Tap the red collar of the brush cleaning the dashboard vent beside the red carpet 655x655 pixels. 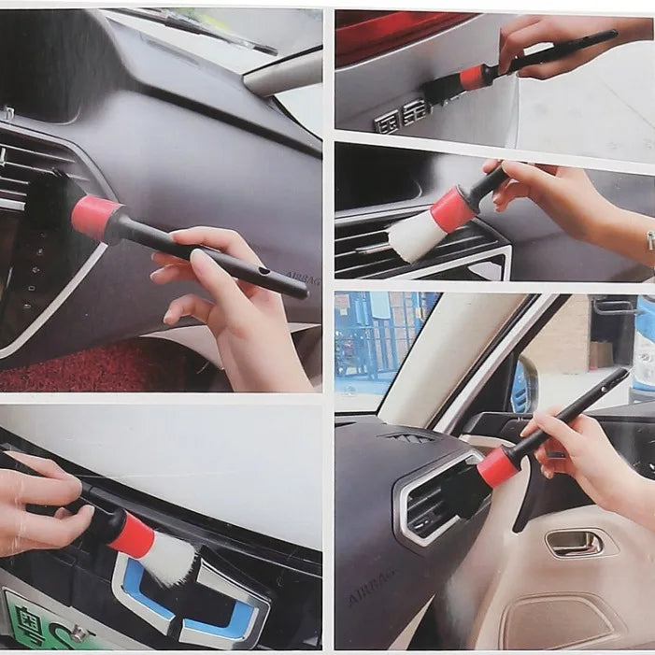95,217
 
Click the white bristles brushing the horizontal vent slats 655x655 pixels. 416,237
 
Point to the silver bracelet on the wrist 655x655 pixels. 649,240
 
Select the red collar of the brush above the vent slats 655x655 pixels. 453,208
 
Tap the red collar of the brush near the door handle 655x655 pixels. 498,466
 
